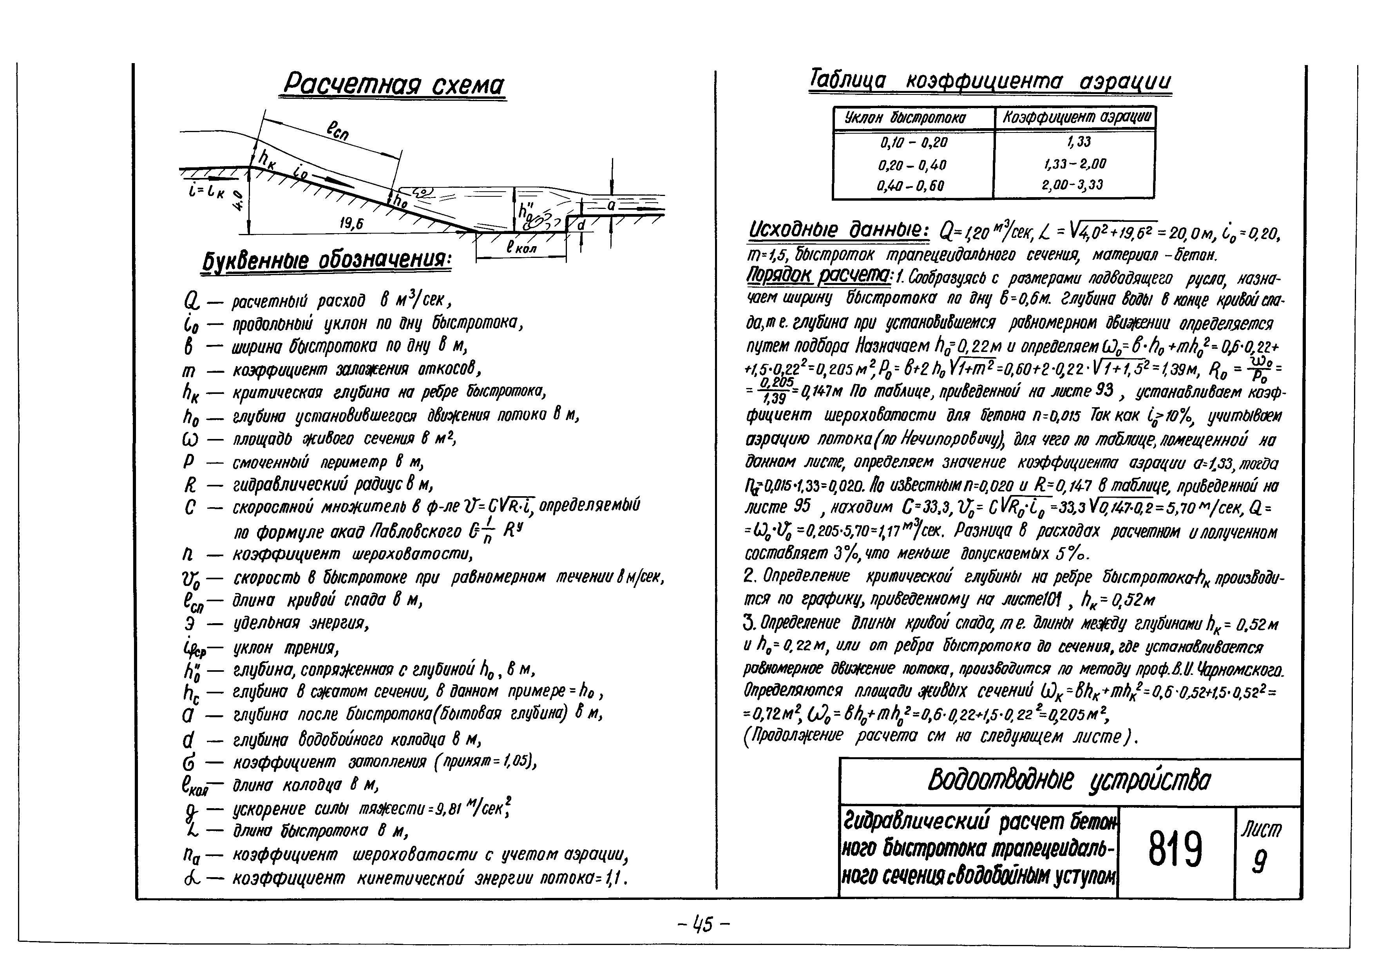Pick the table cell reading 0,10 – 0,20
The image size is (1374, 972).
point(912,142)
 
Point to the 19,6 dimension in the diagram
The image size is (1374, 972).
point(351,224)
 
